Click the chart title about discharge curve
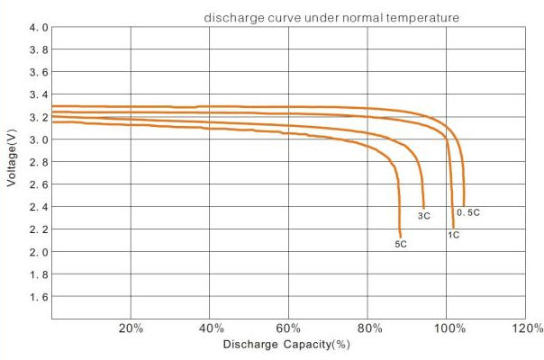[x=331, y=17]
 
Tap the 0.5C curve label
[x=467, y=213]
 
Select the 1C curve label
[x=454, y=235]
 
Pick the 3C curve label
[x=423, y=216]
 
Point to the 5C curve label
[x=401, y=245]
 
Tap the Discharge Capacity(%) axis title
[x=286, y=345]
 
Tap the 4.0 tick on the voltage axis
[x=38, y=28]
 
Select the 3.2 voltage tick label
[x=38, y=117]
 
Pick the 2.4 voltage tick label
[x=38, y=207]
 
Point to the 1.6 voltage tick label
[x=38, y=297]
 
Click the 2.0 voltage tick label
[x=38, y=252]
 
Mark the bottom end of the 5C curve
[x=400, y=237]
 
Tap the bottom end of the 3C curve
[x=423, y=208]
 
